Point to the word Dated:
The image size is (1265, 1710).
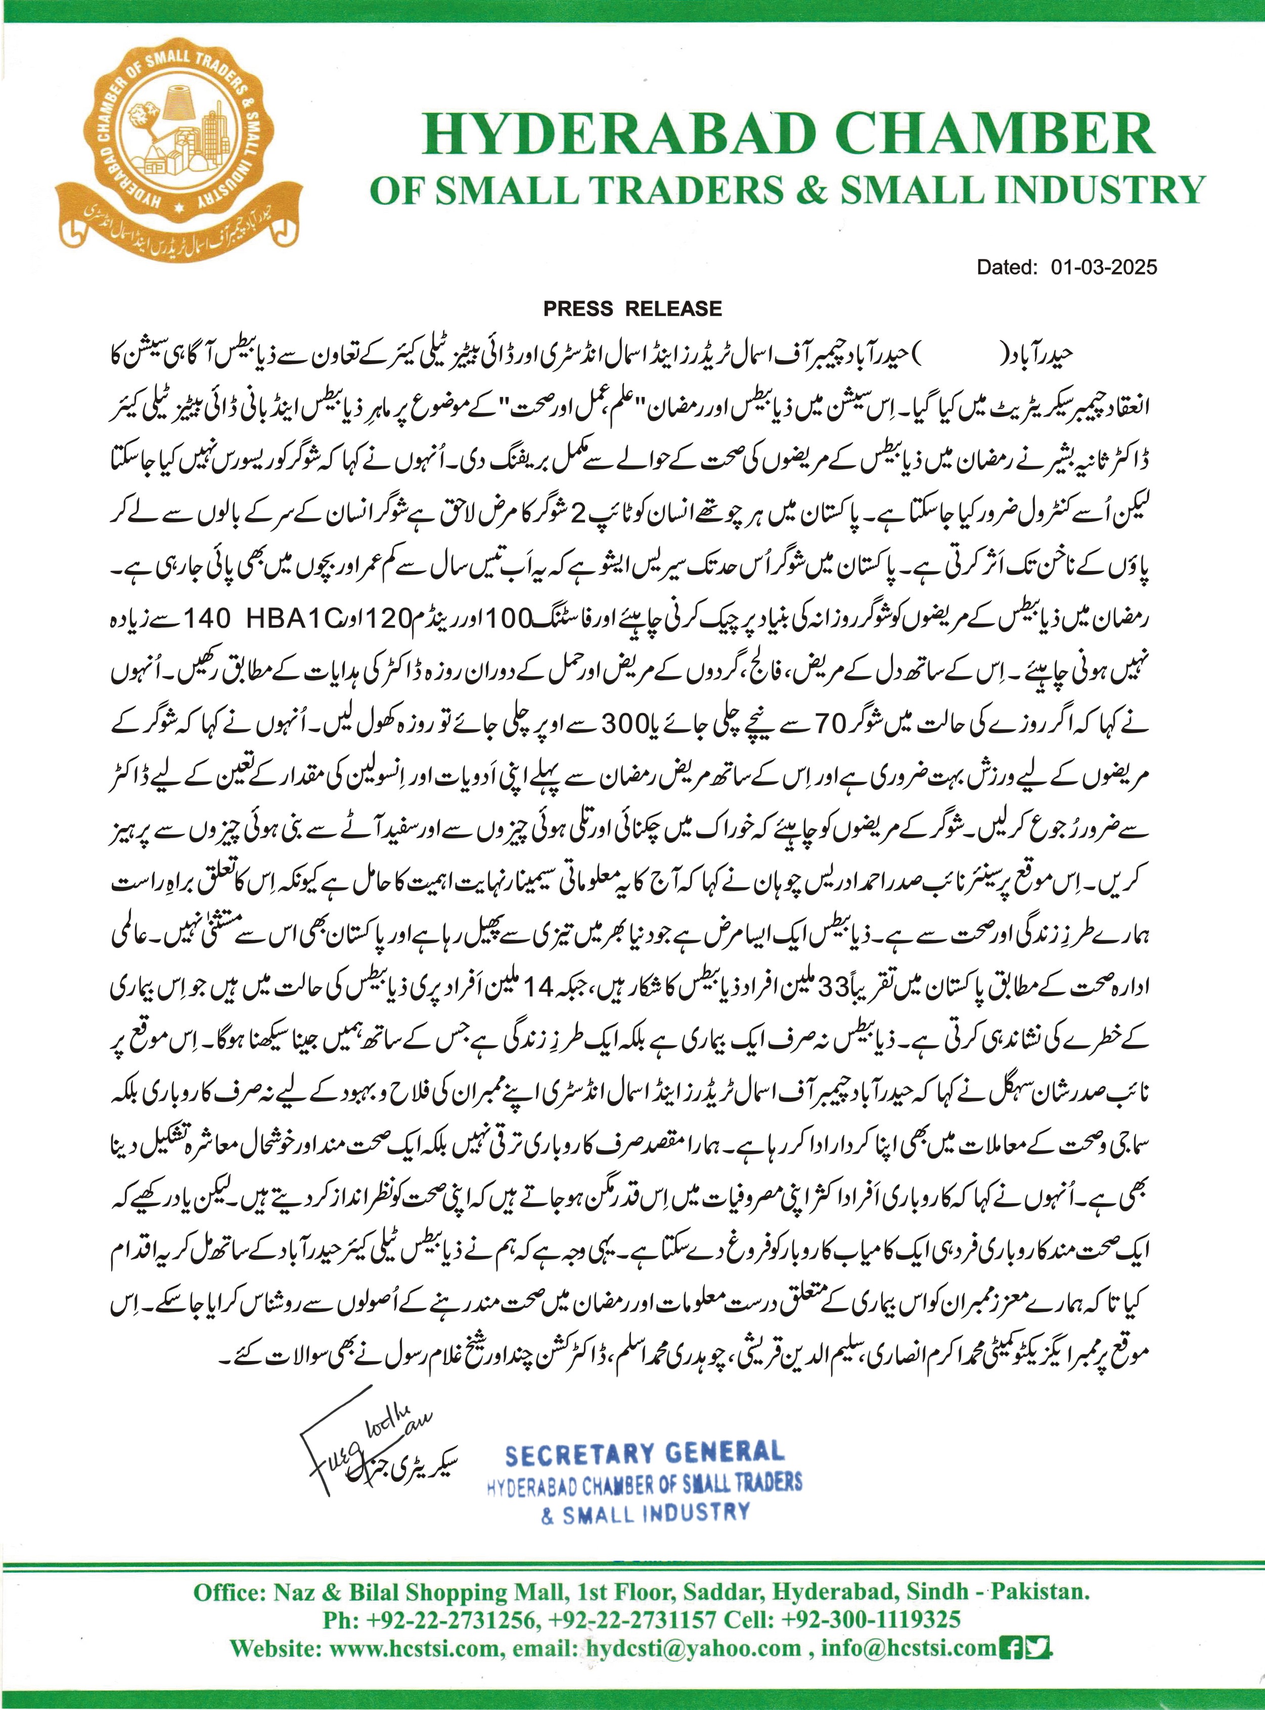(x=1006, y=267)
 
